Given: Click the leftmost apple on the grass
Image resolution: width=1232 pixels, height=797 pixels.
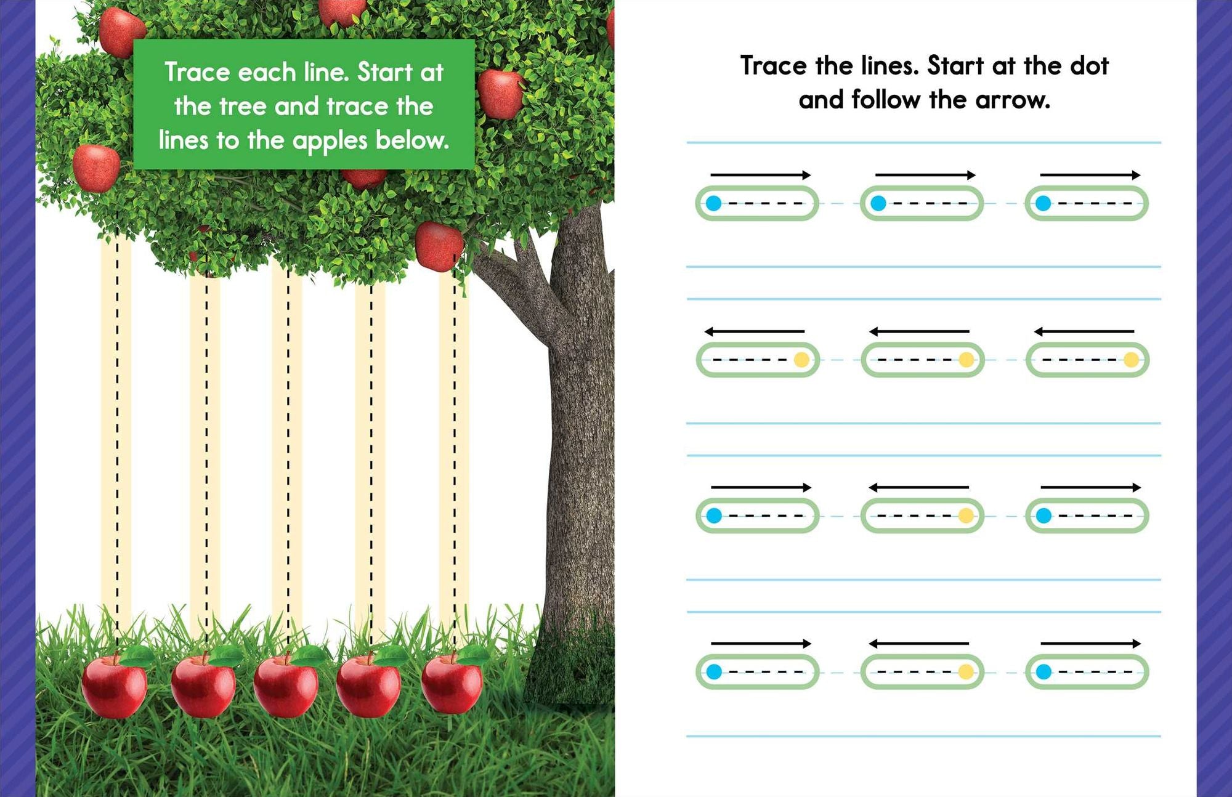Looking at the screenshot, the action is (x=115, y=685).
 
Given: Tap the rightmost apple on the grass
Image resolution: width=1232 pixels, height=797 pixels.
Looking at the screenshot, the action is (x=452, y=684).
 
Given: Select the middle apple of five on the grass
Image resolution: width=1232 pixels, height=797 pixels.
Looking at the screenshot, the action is (x=286, y=686).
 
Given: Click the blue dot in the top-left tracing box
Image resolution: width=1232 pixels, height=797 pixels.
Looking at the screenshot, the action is (x=713, y=203).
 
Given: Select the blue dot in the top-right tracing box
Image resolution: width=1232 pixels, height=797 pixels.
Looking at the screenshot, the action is (x=1043, y=203).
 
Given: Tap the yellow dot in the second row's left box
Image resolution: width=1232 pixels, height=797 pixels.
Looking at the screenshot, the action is (x=801, y=360).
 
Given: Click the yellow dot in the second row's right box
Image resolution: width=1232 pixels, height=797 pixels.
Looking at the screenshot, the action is (x=1132, y=360).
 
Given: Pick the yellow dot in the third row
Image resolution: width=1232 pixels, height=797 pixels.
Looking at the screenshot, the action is (x=966, y=516).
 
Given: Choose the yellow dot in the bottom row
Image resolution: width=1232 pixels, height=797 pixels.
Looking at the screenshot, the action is (x=966, y=671).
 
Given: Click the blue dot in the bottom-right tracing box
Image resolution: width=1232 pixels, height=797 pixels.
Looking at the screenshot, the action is (x=1044, y=671).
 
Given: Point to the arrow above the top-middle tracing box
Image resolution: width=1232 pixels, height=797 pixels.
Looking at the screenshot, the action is (x=925, y=175).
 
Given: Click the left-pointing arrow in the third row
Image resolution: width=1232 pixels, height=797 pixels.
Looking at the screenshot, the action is (x=918, y=487).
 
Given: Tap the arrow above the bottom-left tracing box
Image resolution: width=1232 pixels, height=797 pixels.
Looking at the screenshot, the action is (x=761, y=644).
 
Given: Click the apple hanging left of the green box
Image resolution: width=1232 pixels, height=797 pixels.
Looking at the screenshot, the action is (x=96, y=168).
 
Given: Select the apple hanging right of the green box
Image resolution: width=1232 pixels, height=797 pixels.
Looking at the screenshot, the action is (x=500, y=94).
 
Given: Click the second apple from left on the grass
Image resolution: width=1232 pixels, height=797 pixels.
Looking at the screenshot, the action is (x=203, y=686).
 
